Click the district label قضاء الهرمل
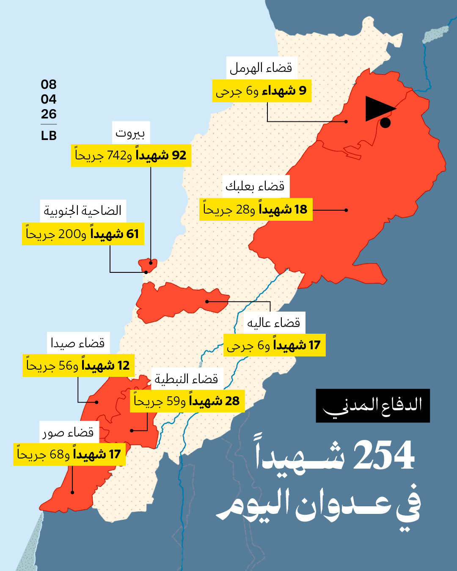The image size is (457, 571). click(261, 68)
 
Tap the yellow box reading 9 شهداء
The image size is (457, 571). click(262, 91)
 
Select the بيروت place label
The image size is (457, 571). click(130, 133)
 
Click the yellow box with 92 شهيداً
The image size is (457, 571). click(131, 155)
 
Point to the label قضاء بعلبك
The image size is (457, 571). click(255, 186)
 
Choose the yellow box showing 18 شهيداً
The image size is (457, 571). click(256, 209)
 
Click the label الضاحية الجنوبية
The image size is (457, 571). click(83, 211)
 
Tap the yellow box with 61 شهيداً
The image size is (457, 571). click(83, 234)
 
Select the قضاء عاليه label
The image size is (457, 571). click(274, 323)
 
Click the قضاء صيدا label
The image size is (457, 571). click(78, 343)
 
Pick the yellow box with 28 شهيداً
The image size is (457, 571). click(187, 401)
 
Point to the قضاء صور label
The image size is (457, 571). click(69, 432)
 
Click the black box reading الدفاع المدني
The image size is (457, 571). click(372, 405)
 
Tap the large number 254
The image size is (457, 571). click(383, 456)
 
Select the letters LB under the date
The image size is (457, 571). click(49, 136)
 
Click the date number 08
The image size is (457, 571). click(49, 85)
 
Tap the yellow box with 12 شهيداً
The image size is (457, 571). click(78, 365)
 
